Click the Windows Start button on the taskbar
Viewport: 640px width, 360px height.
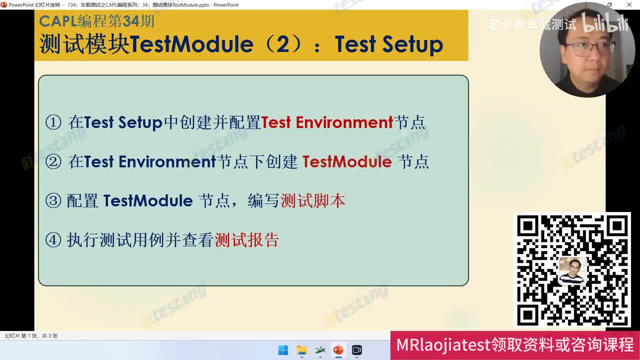coord(283,350)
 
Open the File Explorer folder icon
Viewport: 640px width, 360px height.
coord(301,350)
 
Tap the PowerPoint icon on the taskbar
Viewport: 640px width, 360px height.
coord(338,350)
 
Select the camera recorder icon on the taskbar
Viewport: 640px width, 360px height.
coord(356,350)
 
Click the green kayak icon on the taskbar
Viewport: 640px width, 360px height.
coord(320,350)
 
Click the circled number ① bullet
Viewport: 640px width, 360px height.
coord(53,122)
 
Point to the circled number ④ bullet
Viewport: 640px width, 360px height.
coord(53,240)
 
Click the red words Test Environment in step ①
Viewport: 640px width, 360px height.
coord(327,122)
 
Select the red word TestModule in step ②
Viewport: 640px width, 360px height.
coord(347,162)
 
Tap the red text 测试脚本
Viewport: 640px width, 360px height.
coord(313,201)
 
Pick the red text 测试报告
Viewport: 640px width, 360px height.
coord(246,240)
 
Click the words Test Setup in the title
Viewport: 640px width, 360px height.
coord(388,44)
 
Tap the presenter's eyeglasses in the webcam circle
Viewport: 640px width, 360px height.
coord(590,49)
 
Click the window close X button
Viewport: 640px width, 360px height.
coord(629,5)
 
